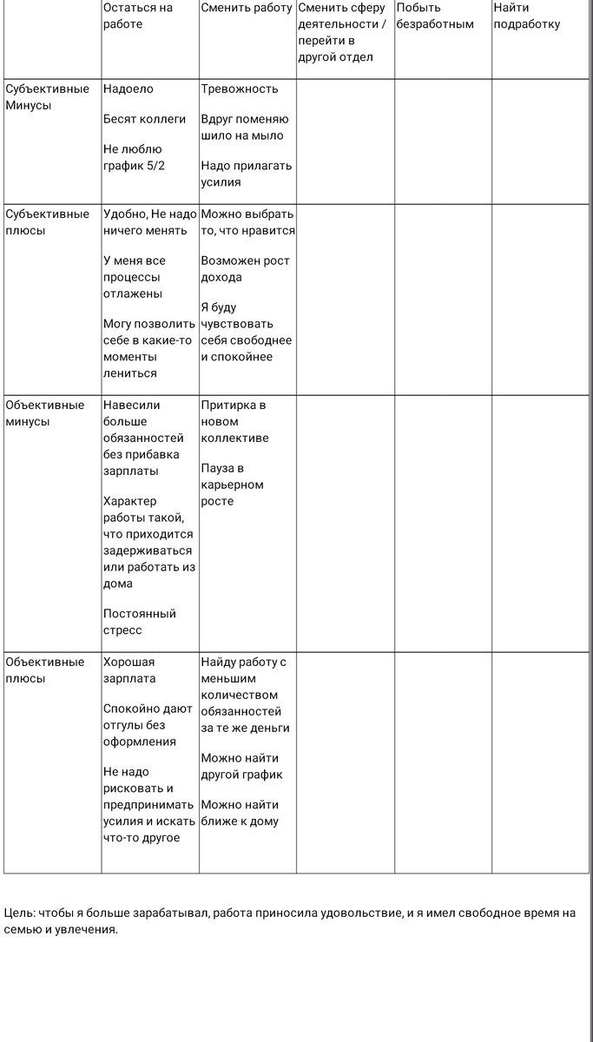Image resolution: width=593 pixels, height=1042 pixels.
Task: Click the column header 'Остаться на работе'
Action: click(x=137, y=16)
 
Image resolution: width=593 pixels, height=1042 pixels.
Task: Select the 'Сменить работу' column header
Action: click(x=247, y=8)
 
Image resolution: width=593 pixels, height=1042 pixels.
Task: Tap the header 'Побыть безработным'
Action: click(x=435, y=16)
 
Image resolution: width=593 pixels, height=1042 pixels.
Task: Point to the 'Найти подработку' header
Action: click(x=526, y=16)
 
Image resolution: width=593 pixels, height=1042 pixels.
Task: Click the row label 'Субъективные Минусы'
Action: click(x=47, y=96)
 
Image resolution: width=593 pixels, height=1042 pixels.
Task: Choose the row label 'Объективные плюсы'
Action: click(x=45, y=669)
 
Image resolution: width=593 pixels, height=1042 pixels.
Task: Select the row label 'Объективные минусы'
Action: click(x=45, y=412)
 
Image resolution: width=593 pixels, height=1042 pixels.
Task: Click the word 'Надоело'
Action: click(x=128, y=89)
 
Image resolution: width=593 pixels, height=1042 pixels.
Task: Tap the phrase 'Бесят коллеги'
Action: click(x=144, y=119)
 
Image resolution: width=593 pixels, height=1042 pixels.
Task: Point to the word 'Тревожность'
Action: click(x=239, y=89)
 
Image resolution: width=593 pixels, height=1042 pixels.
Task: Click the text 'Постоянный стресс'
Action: click(x=139, y=622)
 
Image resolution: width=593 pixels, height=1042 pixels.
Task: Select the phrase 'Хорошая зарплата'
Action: click(x=129, y=669)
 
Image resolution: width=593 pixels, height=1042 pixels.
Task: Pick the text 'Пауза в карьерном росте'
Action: click(x=232, y=485)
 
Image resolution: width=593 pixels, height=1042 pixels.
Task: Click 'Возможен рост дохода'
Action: click(x=245, y=269)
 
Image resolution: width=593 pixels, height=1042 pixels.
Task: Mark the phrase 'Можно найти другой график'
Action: click(x=241, y=766)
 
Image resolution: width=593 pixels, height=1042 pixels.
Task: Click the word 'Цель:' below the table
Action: click(x=20, y=913)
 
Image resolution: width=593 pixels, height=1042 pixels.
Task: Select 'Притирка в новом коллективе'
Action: click(x=234, y=421)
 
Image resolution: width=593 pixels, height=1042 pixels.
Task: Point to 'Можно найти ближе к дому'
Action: click(x=240, y=813)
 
